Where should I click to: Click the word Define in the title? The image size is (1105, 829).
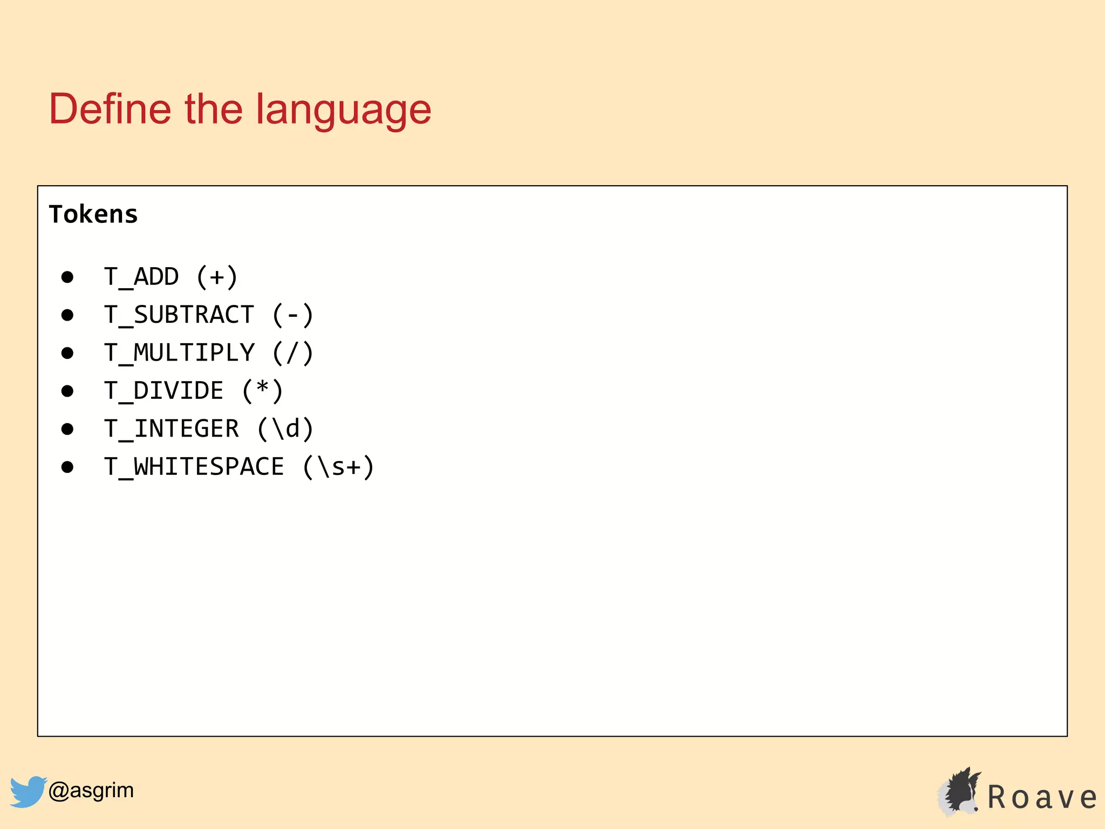coord(110,109)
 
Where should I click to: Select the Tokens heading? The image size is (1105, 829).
coord(93,214)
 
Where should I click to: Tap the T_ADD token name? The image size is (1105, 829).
coord(141,277)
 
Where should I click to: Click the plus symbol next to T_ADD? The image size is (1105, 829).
coord(217,277)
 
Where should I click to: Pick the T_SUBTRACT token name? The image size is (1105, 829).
coord(179,315)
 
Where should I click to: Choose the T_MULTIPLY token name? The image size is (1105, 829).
coord(179,353)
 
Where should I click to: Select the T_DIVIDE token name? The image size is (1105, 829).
coord(164,391)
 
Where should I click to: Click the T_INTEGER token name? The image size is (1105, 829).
coord(172,429)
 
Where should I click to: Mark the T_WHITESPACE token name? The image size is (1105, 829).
coord(194,467)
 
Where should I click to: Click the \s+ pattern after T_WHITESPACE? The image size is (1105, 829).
coord(338,467)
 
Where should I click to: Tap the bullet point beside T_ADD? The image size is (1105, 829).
coord(67,277)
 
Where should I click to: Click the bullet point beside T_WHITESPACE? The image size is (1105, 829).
coord(67,467)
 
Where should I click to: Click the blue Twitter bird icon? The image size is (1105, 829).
coord(28,791)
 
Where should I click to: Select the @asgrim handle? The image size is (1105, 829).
coord(91,790)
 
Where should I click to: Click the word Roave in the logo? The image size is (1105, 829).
coord(1041,797)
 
